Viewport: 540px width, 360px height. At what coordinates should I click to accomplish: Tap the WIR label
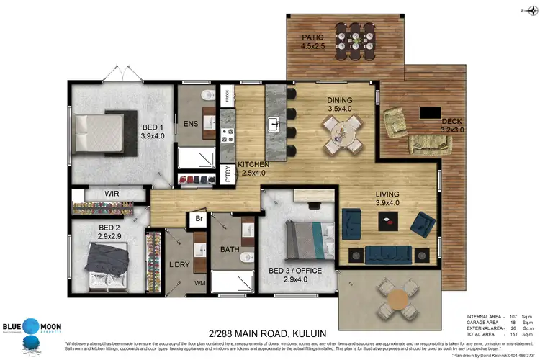[x=112, y=194]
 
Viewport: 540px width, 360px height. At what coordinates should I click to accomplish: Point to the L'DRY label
[x=179, y=265]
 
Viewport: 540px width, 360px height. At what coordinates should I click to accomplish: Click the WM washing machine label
[x=199, y=283]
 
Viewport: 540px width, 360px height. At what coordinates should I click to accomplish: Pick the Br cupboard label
[x=200, y=219]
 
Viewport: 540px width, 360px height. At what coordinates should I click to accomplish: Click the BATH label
[x=230, y=250]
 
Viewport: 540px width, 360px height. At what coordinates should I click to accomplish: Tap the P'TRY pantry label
[x=228, y=175]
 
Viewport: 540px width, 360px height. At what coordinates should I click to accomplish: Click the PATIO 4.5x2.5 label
[x=312, y=42]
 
